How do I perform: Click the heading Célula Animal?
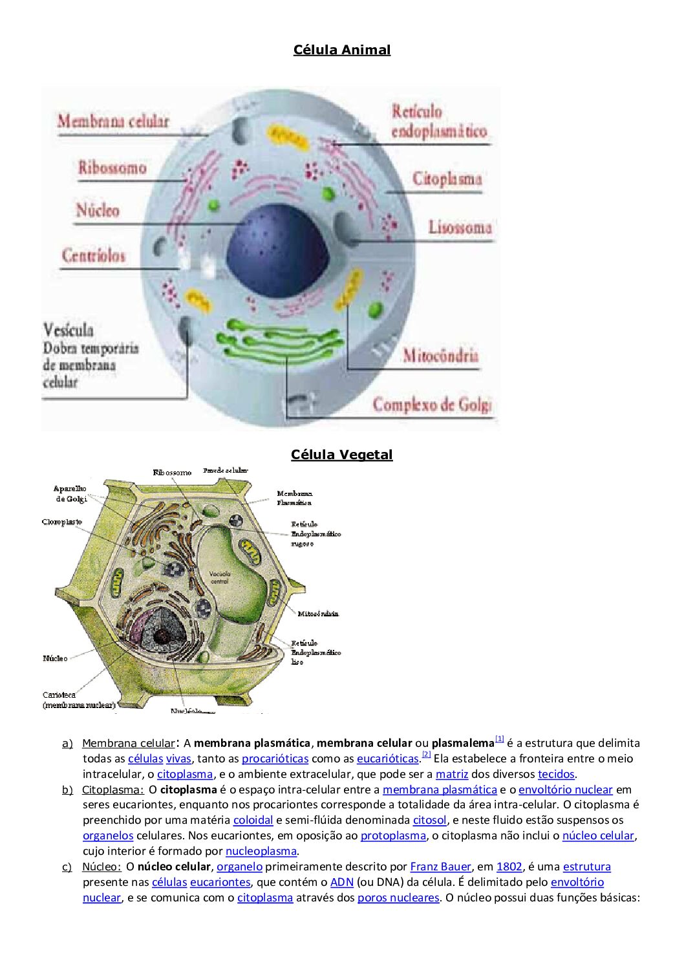[x=341, y=50]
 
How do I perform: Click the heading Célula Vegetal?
[x=341, y=455]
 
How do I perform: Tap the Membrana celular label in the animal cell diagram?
[x=113, y=121]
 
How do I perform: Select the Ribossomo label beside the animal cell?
[x=112, y=168]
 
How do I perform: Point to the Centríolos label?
[x=94, y=255]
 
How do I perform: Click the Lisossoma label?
[x=460, y=227]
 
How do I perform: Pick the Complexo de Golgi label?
[x=432, y=405]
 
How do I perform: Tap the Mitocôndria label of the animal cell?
[x=440, y=355]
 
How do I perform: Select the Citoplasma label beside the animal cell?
[x=447, y=178]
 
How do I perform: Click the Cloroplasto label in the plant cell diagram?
[x=62, y=522]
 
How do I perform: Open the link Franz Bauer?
[x=440, y=866]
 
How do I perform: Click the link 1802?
[x=509, y=866]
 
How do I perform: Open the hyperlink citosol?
[x=429, y=820]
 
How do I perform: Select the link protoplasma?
[x=393, y=835]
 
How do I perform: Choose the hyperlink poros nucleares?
[x=398, y=898]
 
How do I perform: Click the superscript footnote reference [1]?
[x=500, y=738]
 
